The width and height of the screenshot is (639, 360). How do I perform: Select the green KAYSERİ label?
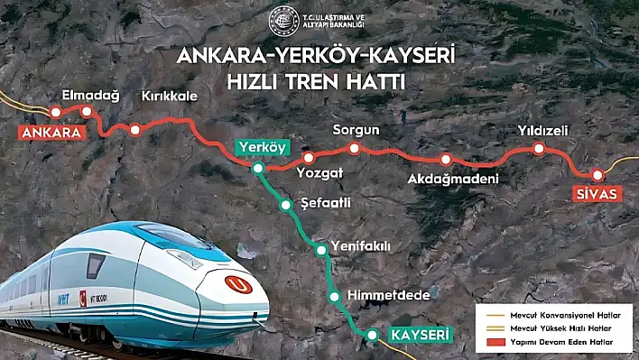coord(419,335)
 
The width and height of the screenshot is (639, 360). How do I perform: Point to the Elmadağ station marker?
coord(87,112)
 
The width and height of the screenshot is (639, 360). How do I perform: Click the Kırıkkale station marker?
coord(135,130)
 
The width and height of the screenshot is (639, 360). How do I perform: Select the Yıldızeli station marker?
coord(539,150)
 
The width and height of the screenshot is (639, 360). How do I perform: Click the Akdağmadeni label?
coord(453,178)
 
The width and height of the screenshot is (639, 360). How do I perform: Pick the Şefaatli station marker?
coord(286,205)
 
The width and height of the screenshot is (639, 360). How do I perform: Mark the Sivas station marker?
coord(596,175)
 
